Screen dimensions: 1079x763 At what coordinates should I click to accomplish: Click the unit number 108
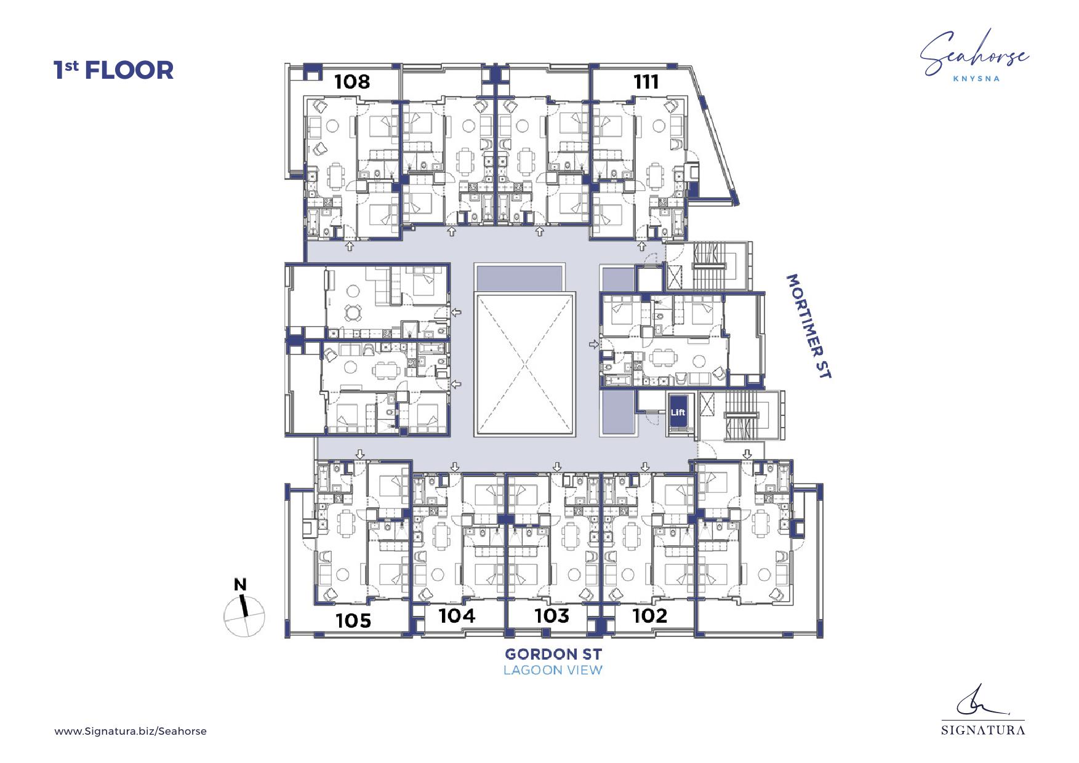(x=352, y=81)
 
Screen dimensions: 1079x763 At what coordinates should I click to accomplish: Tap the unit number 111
(x=646, y=81)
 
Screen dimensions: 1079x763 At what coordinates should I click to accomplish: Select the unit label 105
(x=353, y=620)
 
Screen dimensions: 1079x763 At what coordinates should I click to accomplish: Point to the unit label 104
(x=457, y=615)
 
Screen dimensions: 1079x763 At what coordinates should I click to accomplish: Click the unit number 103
(x=552, y=615)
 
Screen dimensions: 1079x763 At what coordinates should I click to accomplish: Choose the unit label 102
(x=650, y=615)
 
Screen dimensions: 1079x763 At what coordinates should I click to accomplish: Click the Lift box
(x=678, y=412)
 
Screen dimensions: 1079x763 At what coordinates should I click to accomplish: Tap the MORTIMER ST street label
(x=809, y=326)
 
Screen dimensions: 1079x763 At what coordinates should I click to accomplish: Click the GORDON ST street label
(x=553, y=654)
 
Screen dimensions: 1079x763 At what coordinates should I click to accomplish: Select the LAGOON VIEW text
(x=553, y=670)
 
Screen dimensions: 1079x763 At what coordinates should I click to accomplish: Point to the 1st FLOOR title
(x=114, y=70)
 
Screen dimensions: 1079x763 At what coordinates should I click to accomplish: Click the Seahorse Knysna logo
(x=975, y=56)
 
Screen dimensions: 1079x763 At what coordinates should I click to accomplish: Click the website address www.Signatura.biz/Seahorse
(x=130, y=732)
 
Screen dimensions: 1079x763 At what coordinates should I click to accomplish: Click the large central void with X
(x=525, y=364)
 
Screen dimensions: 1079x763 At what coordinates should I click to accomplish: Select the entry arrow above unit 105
(x=360, y=454)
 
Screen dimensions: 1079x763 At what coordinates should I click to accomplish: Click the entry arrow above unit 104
(x=455, y=467)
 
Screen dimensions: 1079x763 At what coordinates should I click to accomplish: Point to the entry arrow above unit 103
(x=557, y=467)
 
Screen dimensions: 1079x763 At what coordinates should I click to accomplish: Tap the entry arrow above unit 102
(x=645, y=467)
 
